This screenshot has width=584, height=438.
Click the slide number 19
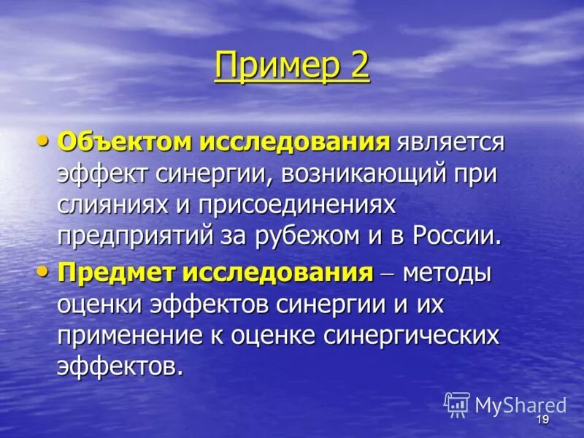542,420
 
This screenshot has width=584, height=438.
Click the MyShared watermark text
520,406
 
